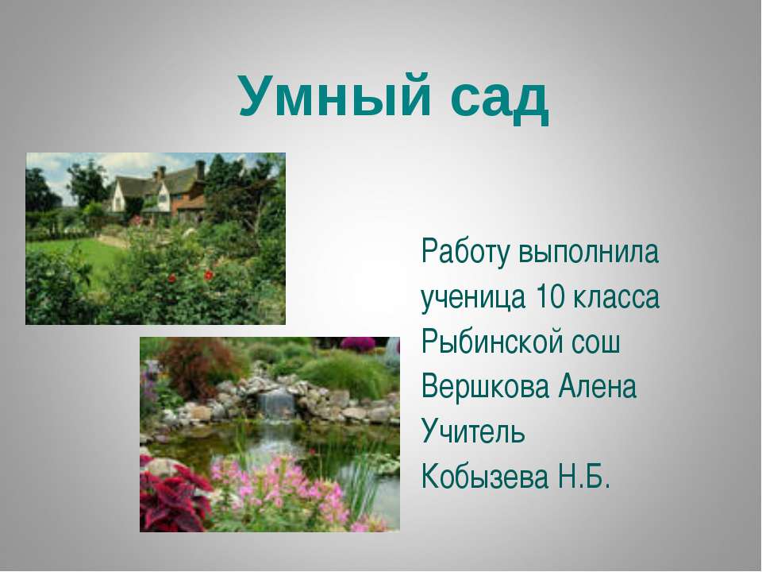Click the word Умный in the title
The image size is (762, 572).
click(x=334, y=96)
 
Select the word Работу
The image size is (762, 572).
click(x=466, y=253)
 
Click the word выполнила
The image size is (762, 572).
click(x=588, y=252)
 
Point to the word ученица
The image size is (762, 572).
click(x=473, y=298)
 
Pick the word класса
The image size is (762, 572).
click(x=616, y=296)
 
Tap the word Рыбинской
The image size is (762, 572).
click(x=491, y=341)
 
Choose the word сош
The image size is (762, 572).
click(x=595, y=342)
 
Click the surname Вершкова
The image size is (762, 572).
click(x=486, y=386)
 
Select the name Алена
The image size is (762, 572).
click(x=597, y=386)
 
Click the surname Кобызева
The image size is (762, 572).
click(x=485, y=476)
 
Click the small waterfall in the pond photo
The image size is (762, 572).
click(x=275, y=402)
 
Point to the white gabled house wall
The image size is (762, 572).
click(x=117, y=198)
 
